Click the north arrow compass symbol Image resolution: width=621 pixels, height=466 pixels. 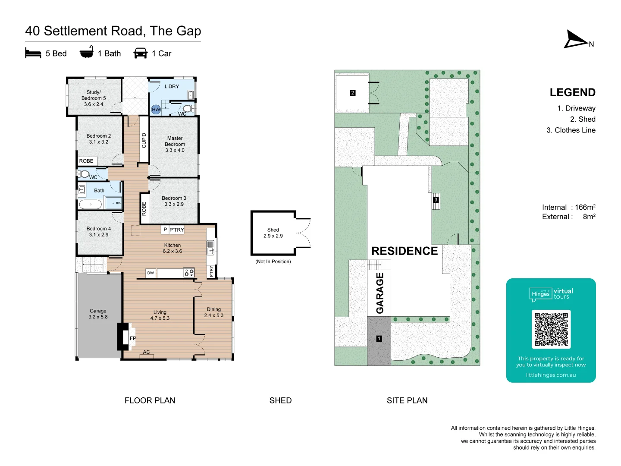point(575,40)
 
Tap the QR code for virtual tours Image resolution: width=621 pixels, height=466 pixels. point(551,329)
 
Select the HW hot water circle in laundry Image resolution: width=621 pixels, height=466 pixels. point(156,109)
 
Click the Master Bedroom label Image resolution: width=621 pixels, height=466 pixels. point(175,144)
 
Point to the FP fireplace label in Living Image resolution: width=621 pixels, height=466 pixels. point(133,338)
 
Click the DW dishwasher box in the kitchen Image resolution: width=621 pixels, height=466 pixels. point(151,273)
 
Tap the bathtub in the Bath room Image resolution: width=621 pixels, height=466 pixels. point(91,204)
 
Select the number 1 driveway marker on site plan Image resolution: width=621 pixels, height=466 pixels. point(379,339)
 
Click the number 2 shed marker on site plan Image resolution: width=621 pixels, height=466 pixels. point(352,93)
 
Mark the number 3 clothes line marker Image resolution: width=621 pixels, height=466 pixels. point(436,200)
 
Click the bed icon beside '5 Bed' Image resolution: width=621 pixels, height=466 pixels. point(33,53)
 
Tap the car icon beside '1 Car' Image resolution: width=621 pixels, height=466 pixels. point(141,53)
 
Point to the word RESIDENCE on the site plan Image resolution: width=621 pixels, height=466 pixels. point(405,251)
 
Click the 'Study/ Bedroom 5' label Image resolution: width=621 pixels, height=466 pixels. point(94,98)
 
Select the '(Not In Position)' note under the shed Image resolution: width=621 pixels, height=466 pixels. point(273,261)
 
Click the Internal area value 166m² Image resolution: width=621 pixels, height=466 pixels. point(585,207)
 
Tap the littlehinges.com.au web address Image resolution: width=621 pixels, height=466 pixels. point(551,375)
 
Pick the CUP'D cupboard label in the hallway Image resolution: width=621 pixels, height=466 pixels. point(144,140)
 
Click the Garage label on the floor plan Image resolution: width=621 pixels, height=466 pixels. point(98,314)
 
